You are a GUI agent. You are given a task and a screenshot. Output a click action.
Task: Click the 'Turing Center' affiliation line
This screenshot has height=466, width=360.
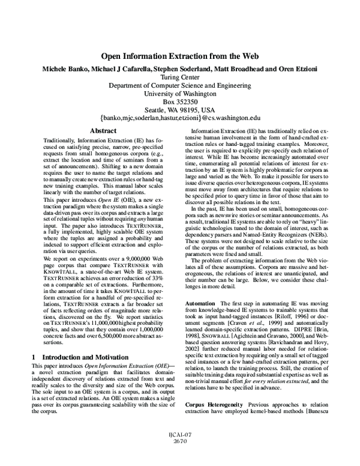click(x=180, y=77)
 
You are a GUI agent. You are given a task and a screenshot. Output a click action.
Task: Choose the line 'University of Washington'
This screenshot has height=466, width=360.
click(x=180, y=94)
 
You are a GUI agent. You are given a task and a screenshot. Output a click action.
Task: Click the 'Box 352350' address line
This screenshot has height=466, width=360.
click(x=180, y=102)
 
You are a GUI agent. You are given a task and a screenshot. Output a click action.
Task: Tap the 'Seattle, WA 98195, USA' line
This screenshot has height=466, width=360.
click(x=180, y=110)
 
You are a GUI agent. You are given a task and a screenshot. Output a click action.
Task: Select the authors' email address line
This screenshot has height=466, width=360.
click(x=180, y=120)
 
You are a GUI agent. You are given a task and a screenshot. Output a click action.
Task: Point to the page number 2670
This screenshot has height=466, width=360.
click(x=180, y=457)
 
